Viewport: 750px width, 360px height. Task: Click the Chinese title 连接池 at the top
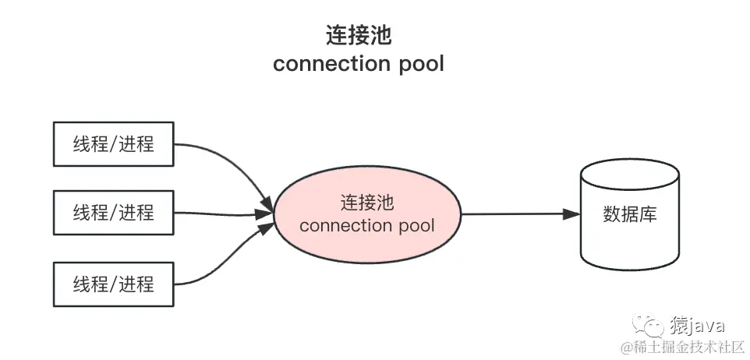(359, 35)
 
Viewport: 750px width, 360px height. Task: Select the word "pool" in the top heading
(419, 63)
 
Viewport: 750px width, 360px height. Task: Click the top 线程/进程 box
(114, 143)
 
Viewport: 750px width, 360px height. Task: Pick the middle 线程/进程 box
(114, 212)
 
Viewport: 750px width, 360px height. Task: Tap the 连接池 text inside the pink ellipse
(366, 203)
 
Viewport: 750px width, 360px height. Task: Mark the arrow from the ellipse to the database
(515, 214)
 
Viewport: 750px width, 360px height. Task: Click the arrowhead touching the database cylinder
(572, 214)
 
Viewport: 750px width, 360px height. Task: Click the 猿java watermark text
(696, 325)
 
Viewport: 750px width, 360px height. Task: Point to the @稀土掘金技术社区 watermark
(684, 345)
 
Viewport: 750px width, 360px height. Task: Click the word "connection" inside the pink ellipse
(344, 226)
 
